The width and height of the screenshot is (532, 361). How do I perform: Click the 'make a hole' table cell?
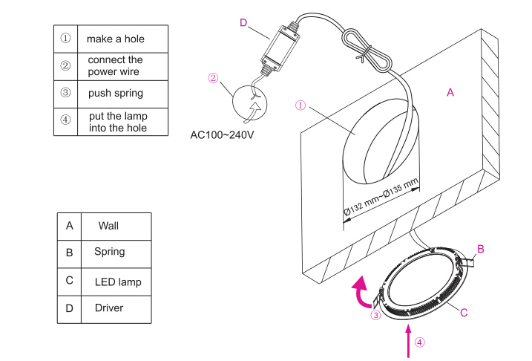coord(115,38)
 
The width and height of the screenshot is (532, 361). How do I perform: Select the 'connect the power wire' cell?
coord(115,65)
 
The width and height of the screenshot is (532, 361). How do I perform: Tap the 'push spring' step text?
coord(115,94)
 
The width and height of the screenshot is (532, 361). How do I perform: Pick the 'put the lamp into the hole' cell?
coord(117,122)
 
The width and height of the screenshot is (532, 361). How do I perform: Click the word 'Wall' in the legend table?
coord(108,225)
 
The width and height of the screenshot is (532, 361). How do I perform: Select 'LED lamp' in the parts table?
coord(117,282)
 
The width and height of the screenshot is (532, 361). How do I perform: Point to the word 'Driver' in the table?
coord(109,308)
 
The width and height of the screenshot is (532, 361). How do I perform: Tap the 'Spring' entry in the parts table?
coord(109,252)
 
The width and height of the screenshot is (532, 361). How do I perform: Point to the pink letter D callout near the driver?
coord(243,23)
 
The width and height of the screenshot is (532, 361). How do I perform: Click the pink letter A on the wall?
coord(450,92)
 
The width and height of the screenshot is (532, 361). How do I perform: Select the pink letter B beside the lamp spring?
coord(480,249)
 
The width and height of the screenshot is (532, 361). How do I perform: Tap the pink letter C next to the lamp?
coord(464,313)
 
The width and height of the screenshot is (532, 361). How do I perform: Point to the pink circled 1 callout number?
coord(301,105)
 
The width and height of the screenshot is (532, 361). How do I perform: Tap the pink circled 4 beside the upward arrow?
coord(421,343)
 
